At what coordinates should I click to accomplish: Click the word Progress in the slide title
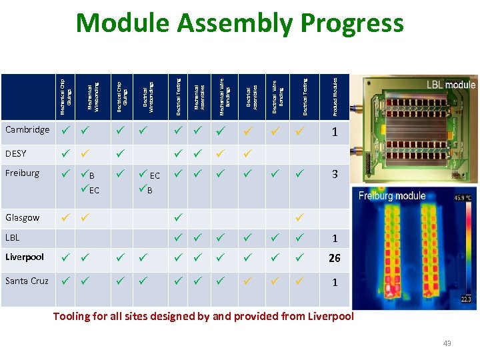click(x=351, y=23)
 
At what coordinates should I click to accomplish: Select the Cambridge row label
click(x=27, y=130)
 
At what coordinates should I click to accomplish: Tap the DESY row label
click(x=16, y=153)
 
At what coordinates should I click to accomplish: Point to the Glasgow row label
click(x=23, y=217)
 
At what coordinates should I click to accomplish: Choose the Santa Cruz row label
click(x=27, y=281)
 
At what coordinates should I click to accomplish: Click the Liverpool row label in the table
click(x=25, y=257)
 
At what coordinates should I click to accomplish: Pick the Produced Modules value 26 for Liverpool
click(x=335, y=259)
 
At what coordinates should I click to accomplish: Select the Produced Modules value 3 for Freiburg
click(x=335, y=175)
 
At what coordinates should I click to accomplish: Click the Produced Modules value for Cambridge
click(x=335, y=132)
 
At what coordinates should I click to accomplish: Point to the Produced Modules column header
click(x=335, y=94)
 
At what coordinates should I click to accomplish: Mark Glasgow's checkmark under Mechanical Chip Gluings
click(x=65, y=217)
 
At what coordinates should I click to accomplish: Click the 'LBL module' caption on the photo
click(x=451, y=85)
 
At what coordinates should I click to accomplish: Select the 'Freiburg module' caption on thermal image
click(x=392, y=196)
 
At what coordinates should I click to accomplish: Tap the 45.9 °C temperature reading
click(x=463, y=198)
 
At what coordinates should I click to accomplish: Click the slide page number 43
click(x=447, y=343)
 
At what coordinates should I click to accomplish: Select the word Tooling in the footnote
click(x=74, y=316)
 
